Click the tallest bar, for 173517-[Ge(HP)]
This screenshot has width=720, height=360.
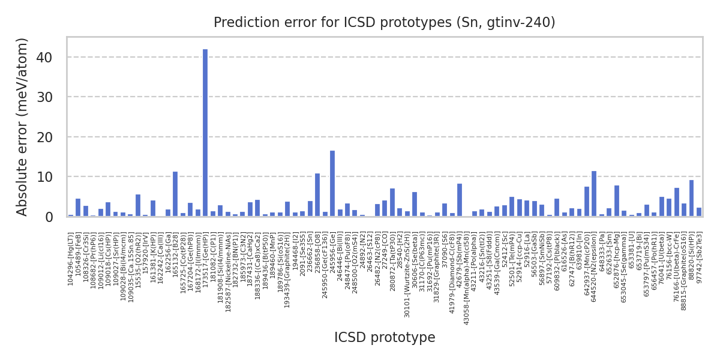point(205,133)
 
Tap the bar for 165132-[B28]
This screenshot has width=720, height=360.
point(175,194)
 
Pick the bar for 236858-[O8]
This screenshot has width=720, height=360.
point(317,195)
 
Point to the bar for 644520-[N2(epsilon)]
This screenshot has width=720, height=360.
point(594,194)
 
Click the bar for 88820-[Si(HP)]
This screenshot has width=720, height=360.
point(691,198)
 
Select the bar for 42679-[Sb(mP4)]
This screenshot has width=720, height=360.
point(460,200)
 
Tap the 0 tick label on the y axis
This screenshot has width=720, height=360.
point(49,217)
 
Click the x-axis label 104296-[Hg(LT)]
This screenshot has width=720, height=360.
point(71,259)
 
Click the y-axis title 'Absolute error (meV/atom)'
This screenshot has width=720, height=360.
point(23,127)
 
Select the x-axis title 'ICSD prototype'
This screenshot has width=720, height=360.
point(385,338)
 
